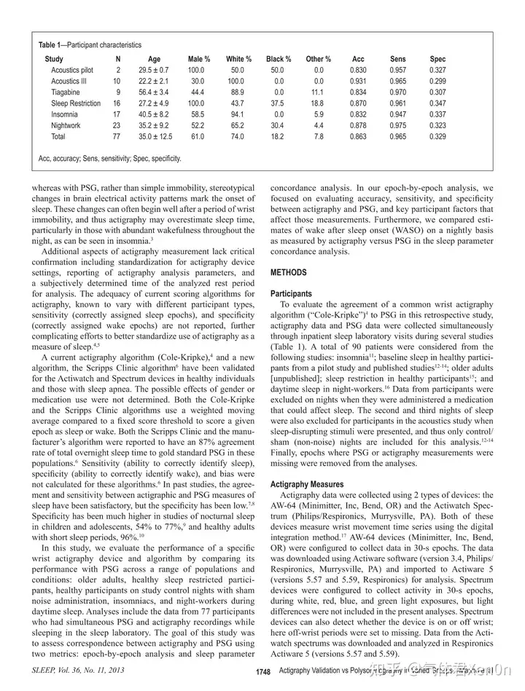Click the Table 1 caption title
click(90, 45)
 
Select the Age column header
click(154, 59)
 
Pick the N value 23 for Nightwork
click(118, 125)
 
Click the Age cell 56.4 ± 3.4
click(154, 92)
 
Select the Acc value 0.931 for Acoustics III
click(358, 82)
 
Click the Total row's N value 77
click(118, 136)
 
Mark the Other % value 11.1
click(318, 92)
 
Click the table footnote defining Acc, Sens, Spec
click(109, 158)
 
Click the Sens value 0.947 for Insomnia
click(399, 114)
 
